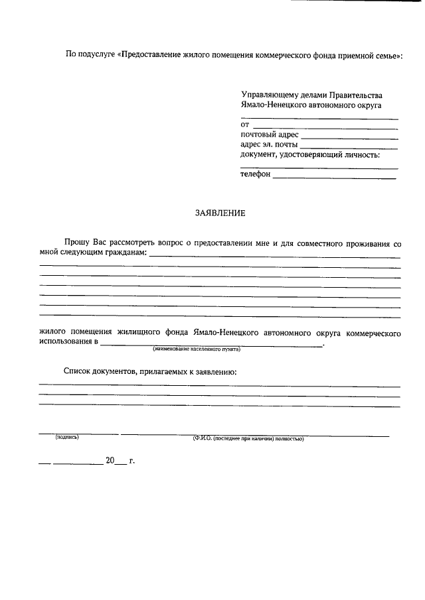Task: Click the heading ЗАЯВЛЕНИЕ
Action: click(x=220, y=213)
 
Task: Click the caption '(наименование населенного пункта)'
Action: click(x=197, y=348)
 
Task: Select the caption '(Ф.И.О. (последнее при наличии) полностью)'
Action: click(x=248, y=438)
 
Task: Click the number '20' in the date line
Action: click(x=110, y=460)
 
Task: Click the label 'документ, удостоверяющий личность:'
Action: click(x=310, y=154)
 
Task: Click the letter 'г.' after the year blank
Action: click(x=131, y=460)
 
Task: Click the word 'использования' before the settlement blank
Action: click(x=66, y=342)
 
